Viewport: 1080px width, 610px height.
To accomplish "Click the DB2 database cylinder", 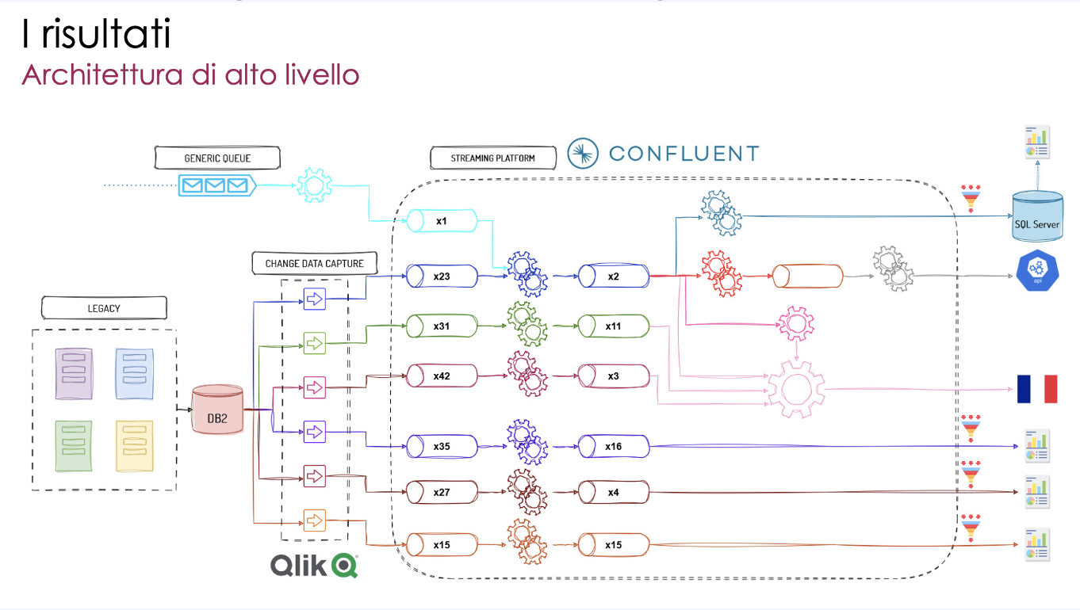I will tap(218, 410).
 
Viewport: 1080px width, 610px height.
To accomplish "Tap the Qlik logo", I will tap(314, 565).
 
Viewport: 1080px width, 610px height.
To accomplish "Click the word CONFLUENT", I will tap(684, 154).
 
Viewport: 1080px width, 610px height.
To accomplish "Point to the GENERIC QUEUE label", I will tap(217, 158).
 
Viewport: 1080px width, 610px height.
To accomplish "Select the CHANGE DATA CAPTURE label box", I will tap(315, 263).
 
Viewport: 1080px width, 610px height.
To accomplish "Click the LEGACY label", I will tap(104, 307).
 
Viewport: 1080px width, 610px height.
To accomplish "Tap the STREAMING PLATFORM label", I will tap(492, 158).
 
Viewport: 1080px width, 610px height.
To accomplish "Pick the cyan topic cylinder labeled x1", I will tap(442, 221).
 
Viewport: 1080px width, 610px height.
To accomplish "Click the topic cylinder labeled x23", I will tap(442, 276).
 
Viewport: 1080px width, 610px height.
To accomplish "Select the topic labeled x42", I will tap(442, 376).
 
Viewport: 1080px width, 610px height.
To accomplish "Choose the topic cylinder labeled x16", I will tap(613, 446).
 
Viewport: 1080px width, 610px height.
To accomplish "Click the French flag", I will tap(1037, 389).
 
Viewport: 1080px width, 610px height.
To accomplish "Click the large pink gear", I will tap(795, 389).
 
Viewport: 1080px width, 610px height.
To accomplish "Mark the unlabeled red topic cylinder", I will tap(807, 276).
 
